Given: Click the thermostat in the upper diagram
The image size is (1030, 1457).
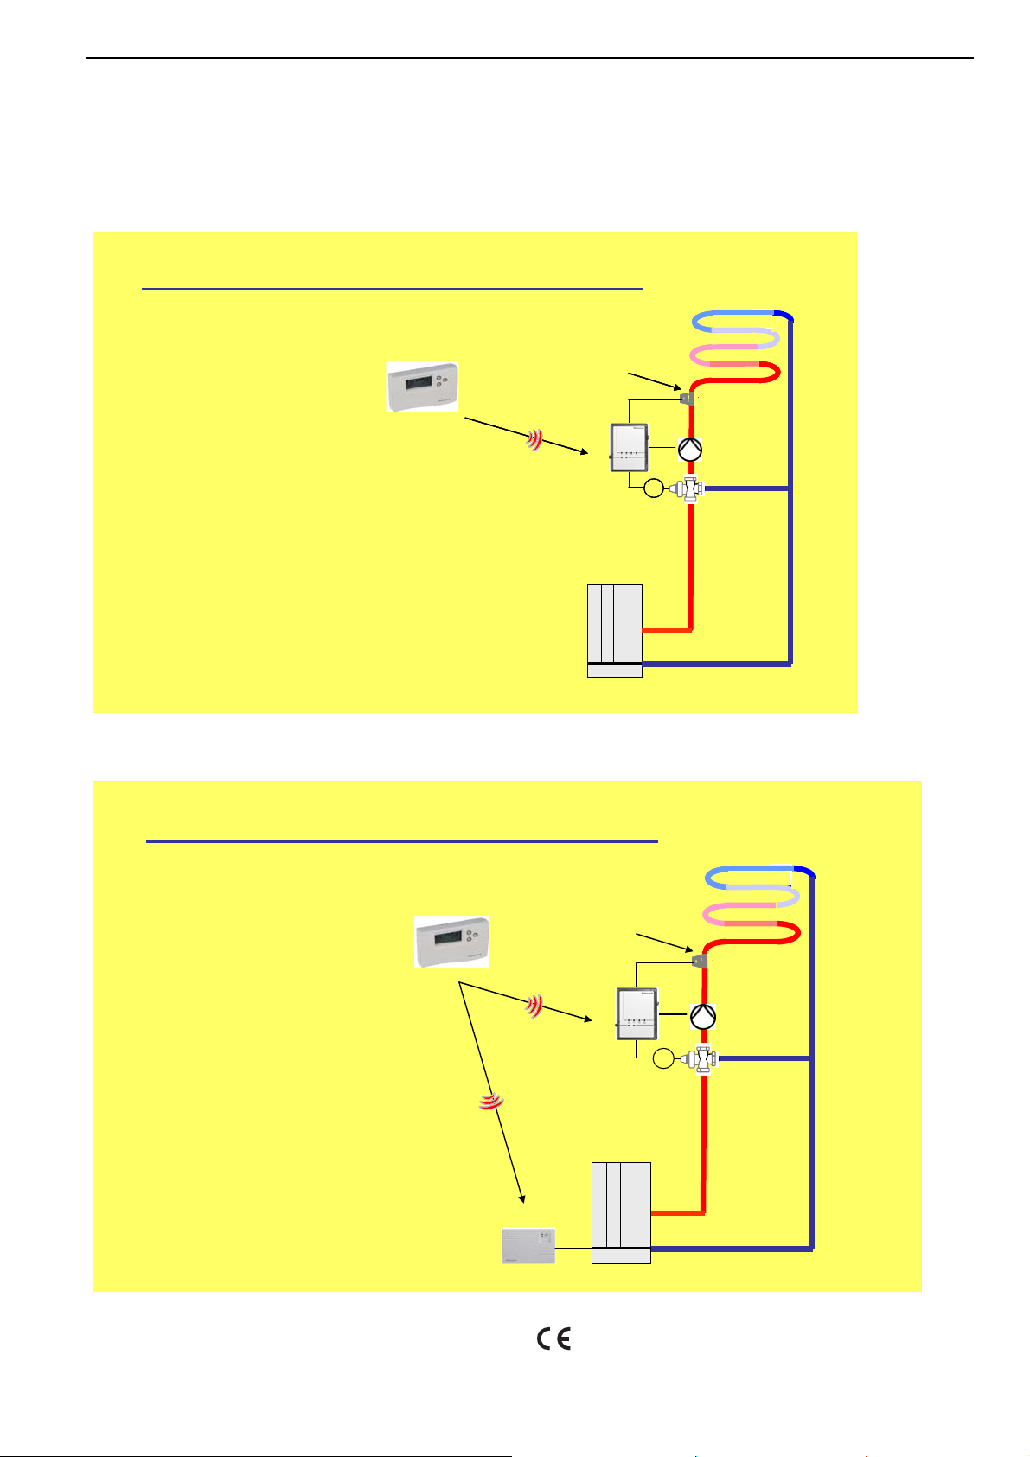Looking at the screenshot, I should point(422,387).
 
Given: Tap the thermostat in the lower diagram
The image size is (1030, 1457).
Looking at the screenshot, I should point(452,942).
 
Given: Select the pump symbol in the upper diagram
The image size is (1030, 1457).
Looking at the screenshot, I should point(689,449).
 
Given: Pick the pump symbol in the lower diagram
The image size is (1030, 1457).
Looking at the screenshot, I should point(703,1017).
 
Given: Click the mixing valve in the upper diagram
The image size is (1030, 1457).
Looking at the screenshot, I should point(691,489).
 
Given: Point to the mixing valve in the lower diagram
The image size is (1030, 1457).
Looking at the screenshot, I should point(705,1058).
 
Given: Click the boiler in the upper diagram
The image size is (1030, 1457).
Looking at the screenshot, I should point(615,630).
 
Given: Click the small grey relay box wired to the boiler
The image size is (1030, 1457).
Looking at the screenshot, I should point(528,1246).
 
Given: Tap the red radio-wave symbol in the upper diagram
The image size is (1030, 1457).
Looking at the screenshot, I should point(536,442).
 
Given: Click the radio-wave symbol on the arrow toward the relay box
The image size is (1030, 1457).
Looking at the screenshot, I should point(490,1102).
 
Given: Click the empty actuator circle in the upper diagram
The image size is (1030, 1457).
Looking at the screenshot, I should point(654,489).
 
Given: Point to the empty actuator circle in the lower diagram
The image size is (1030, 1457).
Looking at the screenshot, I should point(663,1058).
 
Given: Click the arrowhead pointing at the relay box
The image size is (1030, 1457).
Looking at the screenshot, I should point(522,1198).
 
